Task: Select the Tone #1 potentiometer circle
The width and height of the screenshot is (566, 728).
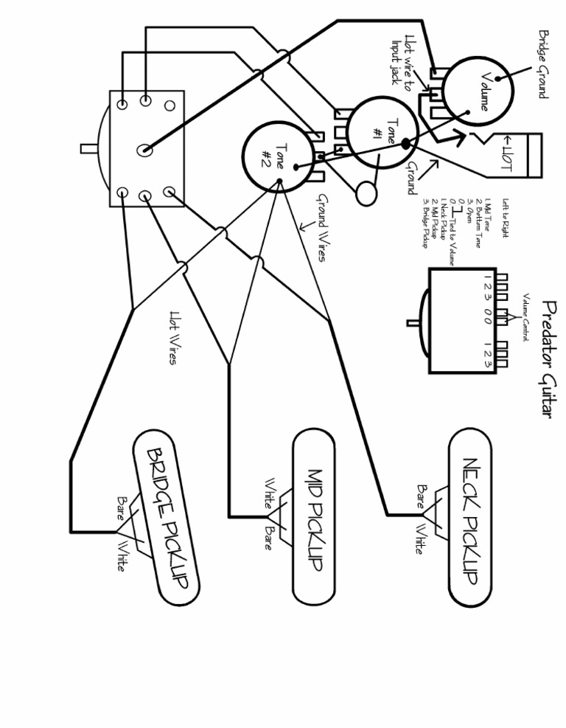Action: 382,133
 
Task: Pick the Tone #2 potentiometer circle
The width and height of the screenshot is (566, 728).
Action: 276,156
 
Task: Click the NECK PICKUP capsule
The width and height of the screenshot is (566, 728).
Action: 469,521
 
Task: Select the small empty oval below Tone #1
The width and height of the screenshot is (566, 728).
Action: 366,193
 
